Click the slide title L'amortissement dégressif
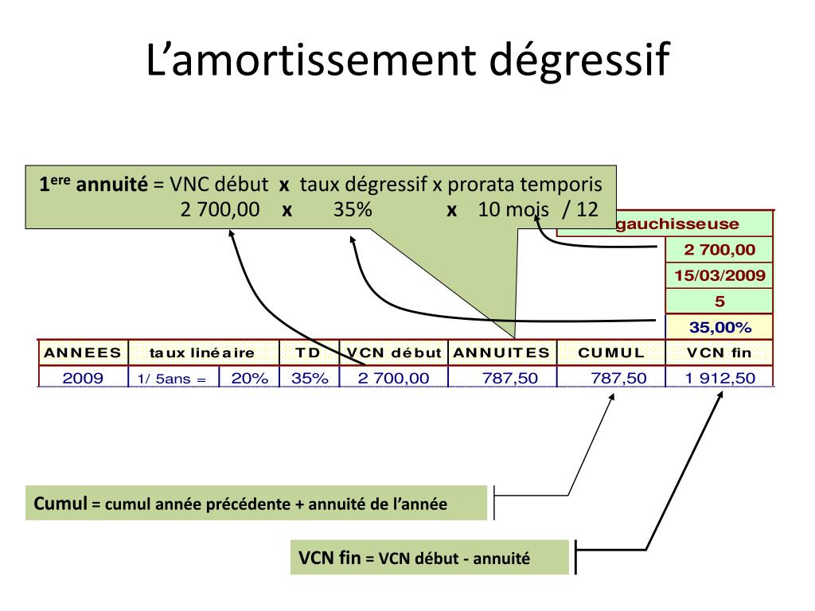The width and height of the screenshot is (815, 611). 407,60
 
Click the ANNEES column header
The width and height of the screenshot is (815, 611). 83,352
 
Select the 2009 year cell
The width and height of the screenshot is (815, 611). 83,378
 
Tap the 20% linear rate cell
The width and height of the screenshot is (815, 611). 249,378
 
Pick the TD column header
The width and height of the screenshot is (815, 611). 310,352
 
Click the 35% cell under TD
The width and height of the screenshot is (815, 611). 310,378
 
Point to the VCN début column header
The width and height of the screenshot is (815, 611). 394,352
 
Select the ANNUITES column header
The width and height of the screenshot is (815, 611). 502,352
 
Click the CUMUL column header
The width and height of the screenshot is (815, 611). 611,352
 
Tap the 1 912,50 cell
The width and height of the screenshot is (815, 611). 719,378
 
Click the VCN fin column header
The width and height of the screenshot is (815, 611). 719,352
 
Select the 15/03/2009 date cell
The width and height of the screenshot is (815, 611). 719,276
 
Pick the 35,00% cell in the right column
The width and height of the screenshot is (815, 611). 719,327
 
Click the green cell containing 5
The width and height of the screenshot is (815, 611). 719,302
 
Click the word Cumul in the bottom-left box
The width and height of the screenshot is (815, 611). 60,504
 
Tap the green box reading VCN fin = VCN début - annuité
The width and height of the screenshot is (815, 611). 430,558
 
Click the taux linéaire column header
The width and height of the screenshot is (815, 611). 202,352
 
